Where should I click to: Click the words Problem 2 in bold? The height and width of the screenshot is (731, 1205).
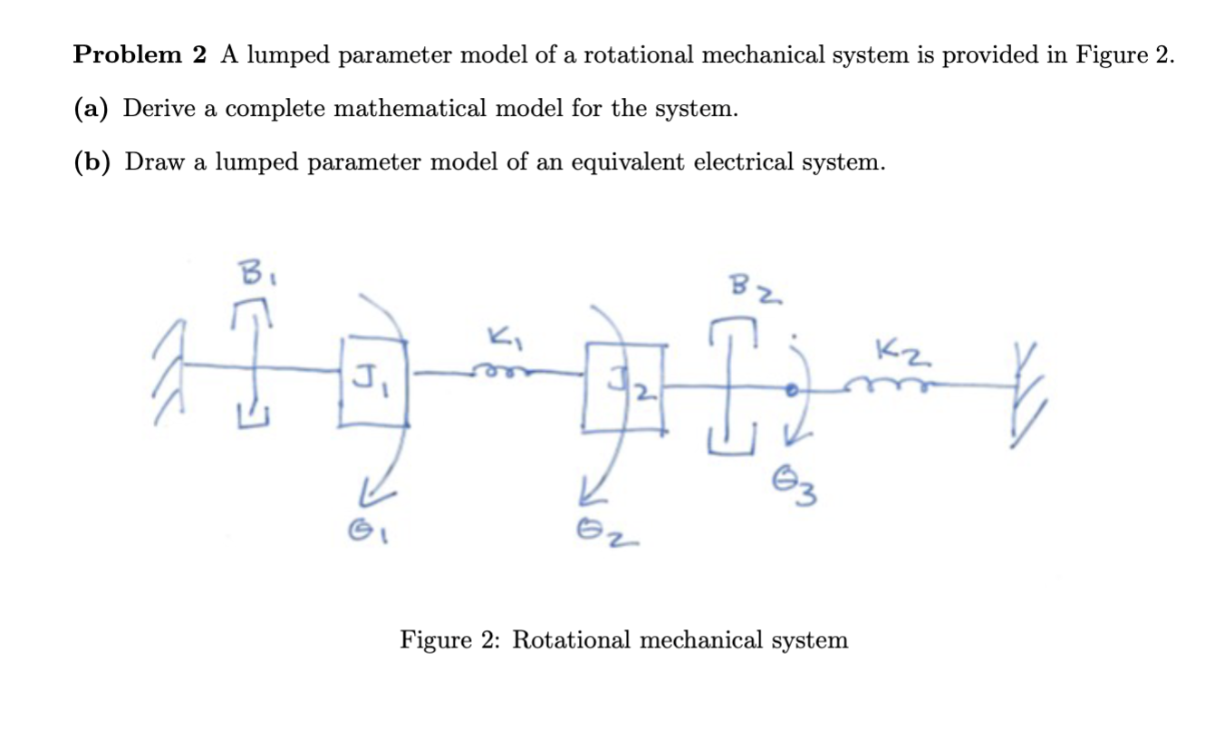pyautogui.click(x=140, y=55)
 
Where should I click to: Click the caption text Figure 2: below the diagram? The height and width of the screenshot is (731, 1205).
pyautogui.click(x=451, y=640)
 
